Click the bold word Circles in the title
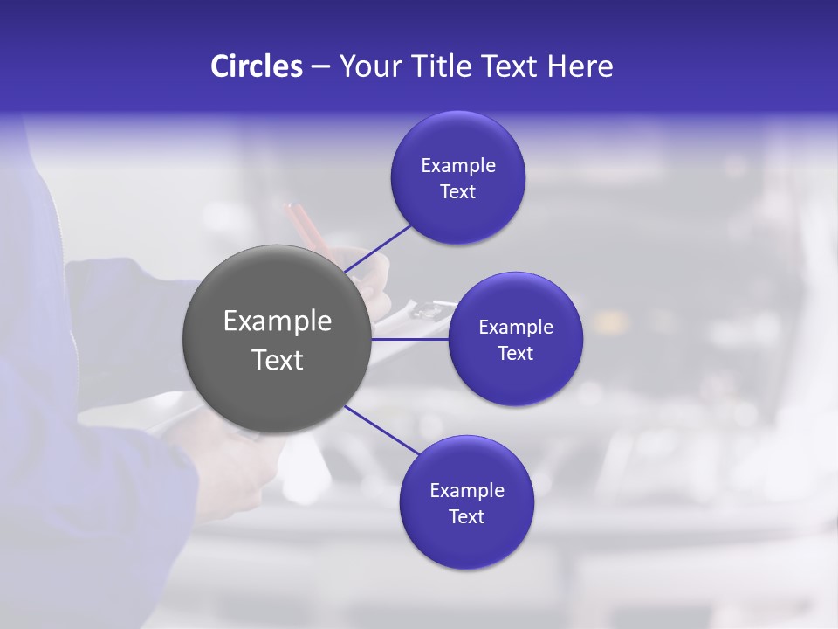click(257, 66)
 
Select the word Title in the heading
click(447, 66)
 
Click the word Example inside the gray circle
click(278, 321)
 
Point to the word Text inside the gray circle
click(278, 360)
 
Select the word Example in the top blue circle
click(458, 166)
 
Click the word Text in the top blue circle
click(458, 192)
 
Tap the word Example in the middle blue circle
click(516, 328)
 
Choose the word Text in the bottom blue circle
click(466, 517)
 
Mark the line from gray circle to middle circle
click(410, 339)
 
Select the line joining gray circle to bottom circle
click(382, 431)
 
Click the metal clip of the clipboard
click(428, 308)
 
